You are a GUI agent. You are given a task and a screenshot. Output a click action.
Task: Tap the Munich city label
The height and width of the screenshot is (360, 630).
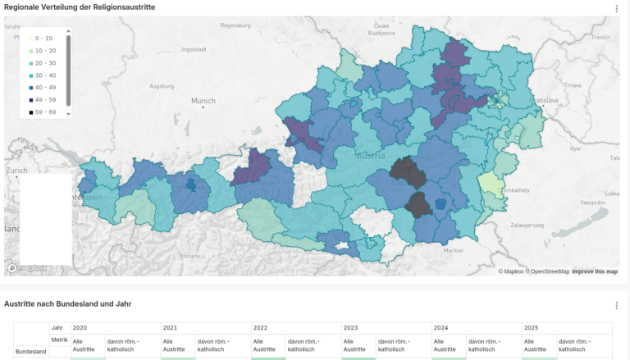coord(203,102)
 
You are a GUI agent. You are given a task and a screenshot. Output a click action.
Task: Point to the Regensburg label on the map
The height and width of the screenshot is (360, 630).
coord(235,25)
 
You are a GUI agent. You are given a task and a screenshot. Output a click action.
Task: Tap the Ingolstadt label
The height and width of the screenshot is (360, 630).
coord(194,49)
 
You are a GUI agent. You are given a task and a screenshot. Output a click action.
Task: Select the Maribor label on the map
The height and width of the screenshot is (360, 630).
coord(453,249)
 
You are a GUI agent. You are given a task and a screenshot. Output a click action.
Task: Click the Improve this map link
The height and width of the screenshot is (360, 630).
coord(595,271)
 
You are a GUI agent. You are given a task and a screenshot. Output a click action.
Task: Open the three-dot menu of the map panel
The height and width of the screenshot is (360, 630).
coord(616,8)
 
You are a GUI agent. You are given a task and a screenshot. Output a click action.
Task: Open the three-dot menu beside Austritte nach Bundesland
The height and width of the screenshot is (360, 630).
coord(616,305)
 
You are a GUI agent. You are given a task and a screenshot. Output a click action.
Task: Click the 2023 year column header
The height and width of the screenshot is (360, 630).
coord(350,327)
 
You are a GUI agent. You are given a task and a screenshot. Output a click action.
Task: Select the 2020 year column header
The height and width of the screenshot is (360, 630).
coord(80,327)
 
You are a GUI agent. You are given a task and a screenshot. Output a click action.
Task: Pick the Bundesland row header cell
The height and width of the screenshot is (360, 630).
coord(31,351)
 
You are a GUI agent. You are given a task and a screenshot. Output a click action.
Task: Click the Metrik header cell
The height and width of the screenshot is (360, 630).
coord(59,339)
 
